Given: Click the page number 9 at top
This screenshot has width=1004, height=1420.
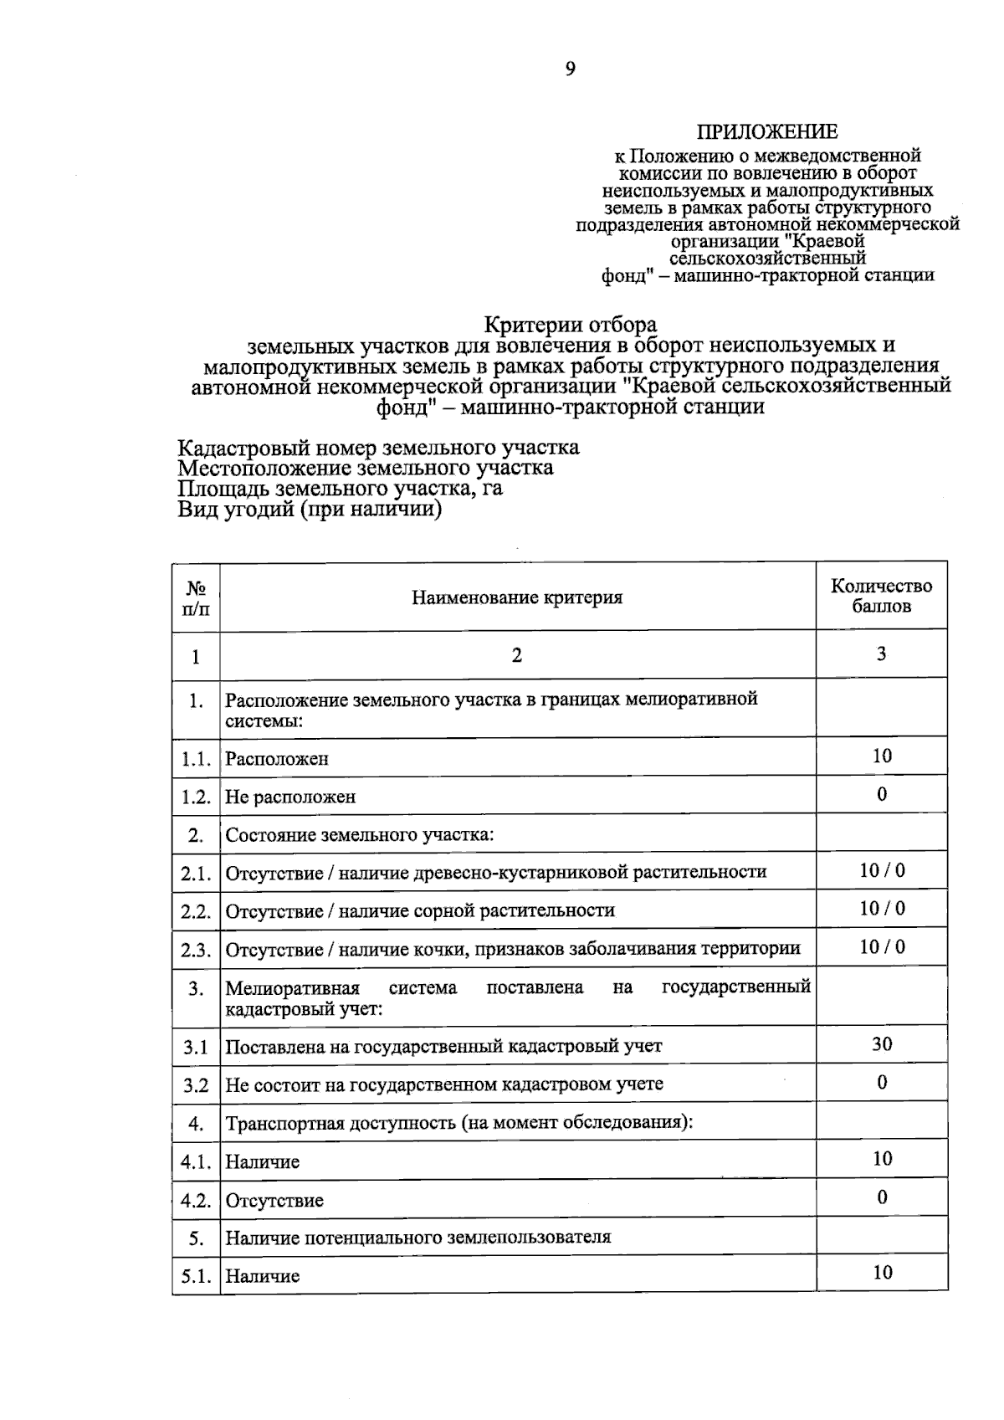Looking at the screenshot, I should [571, 69].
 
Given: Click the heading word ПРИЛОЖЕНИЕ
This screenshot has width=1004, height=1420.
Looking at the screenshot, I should [767, 132].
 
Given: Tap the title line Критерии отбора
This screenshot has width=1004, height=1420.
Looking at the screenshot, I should [571, 325].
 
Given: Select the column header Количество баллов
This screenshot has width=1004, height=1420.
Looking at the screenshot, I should [881, 596].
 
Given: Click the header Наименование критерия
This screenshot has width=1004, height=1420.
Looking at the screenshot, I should [517, 597].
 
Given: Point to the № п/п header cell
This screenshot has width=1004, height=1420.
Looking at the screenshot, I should [196, 596].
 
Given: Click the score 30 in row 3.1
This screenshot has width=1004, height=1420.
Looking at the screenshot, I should [882, 1043].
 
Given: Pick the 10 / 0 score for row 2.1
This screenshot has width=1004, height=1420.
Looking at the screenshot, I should [882, 870].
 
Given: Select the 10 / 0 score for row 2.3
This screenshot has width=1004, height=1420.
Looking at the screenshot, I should [882, 947].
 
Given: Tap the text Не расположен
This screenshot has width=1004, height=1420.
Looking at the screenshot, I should [290, 797].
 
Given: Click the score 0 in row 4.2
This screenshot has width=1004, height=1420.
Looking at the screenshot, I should [882, 1197].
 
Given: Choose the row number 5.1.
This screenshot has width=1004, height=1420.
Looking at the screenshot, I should [196, 1276].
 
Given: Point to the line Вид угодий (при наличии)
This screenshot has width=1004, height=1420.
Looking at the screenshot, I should [309, 510].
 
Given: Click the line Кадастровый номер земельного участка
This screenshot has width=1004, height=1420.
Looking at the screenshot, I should [378, 448].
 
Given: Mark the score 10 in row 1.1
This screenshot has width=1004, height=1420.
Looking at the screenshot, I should [882, 756].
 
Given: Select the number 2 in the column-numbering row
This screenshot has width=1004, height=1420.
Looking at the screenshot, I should [517, 655].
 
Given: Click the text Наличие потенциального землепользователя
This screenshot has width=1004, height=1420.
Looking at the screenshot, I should [418, 1237].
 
